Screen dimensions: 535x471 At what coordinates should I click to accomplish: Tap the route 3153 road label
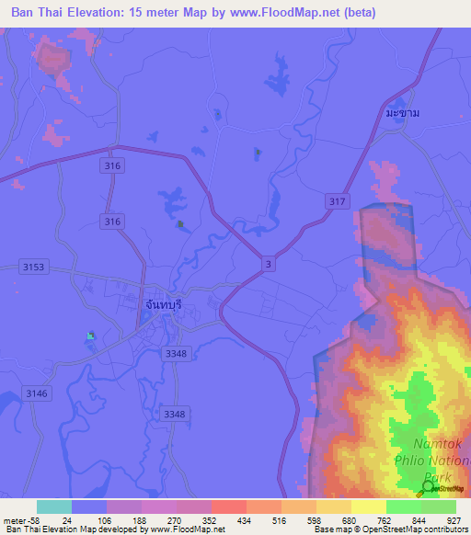point(32,267)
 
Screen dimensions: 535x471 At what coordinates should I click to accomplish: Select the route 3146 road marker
point(36,393)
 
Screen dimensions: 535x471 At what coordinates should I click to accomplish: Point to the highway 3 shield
point(268,264)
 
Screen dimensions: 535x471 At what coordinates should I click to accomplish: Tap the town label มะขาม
point(403,112)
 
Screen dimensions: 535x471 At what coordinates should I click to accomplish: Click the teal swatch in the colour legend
point(53,506)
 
